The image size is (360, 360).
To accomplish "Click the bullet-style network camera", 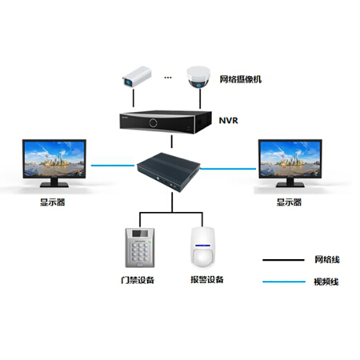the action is (137, 76).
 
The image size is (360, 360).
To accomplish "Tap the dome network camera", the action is (198, 77).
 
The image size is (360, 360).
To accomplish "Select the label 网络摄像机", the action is (241, 79).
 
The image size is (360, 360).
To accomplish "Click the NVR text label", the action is (228, 121).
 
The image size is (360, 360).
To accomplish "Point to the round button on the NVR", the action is (153, 123).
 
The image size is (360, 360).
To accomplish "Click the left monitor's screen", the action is (54, 158).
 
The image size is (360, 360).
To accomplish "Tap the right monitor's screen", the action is (290, 158).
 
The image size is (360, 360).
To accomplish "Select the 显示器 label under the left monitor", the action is (53, 202).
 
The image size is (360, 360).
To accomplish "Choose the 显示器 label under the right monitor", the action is (289, 202).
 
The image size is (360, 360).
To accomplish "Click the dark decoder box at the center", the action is (169, 171).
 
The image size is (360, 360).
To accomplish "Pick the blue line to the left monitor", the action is (113, 166).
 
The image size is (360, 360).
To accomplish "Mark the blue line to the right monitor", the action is (228, 169).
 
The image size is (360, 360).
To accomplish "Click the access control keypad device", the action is (140, 248).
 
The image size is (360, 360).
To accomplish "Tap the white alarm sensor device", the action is (202, 248).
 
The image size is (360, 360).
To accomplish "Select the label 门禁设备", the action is (138, 280).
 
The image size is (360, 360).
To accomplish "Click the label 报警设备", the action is (207, 279).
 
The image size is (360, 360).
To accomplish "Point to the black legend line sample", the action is (283, 260).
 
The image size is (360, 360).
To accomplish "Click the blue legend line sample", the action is (284, 282).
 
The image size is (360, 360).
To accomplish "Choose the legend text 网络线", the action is (327, 259).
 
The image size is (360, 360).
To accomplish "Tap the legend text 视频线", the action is (326, 282).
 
